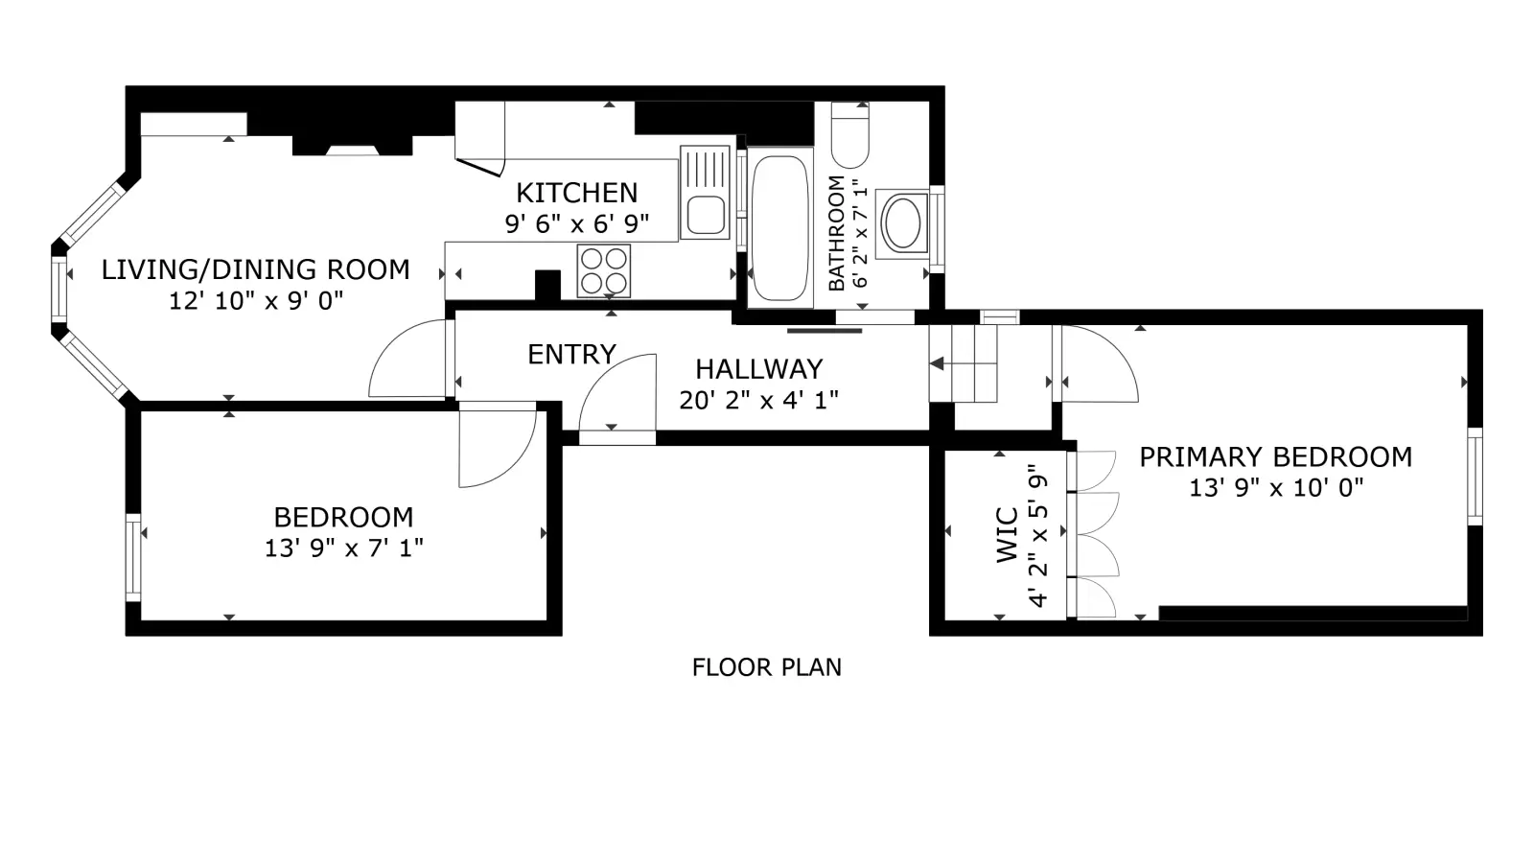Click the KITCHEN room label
(x=576, y=193)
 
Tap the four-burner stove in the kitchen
(x=603, y=271)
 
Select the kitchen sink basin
(x=706, y=215)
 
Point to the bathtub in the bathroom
(x=779, y=228)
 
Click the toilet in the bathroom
(x=849, y=135)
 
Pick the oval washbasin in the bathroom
(x=902, y=223)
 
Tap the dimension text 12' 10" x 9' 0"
(x=256, y=301)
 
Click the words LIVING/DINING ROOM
(x=255, y=269)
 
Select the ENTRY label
(x=571, y=354)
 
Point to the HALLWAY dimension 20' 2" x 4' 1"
(x=758, y=400)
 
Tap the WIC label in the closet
(x=1007, y=536)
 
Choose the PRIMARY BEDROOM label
(x=1276, y=456)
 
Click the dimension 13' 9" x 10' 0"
(x=1276, y=488)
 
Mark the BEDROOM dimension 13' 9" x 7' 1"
(x=344, y=548)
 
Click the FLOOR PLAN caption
(x=766, y=667)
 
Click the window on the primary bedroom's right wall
(x=1476, y=476)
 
